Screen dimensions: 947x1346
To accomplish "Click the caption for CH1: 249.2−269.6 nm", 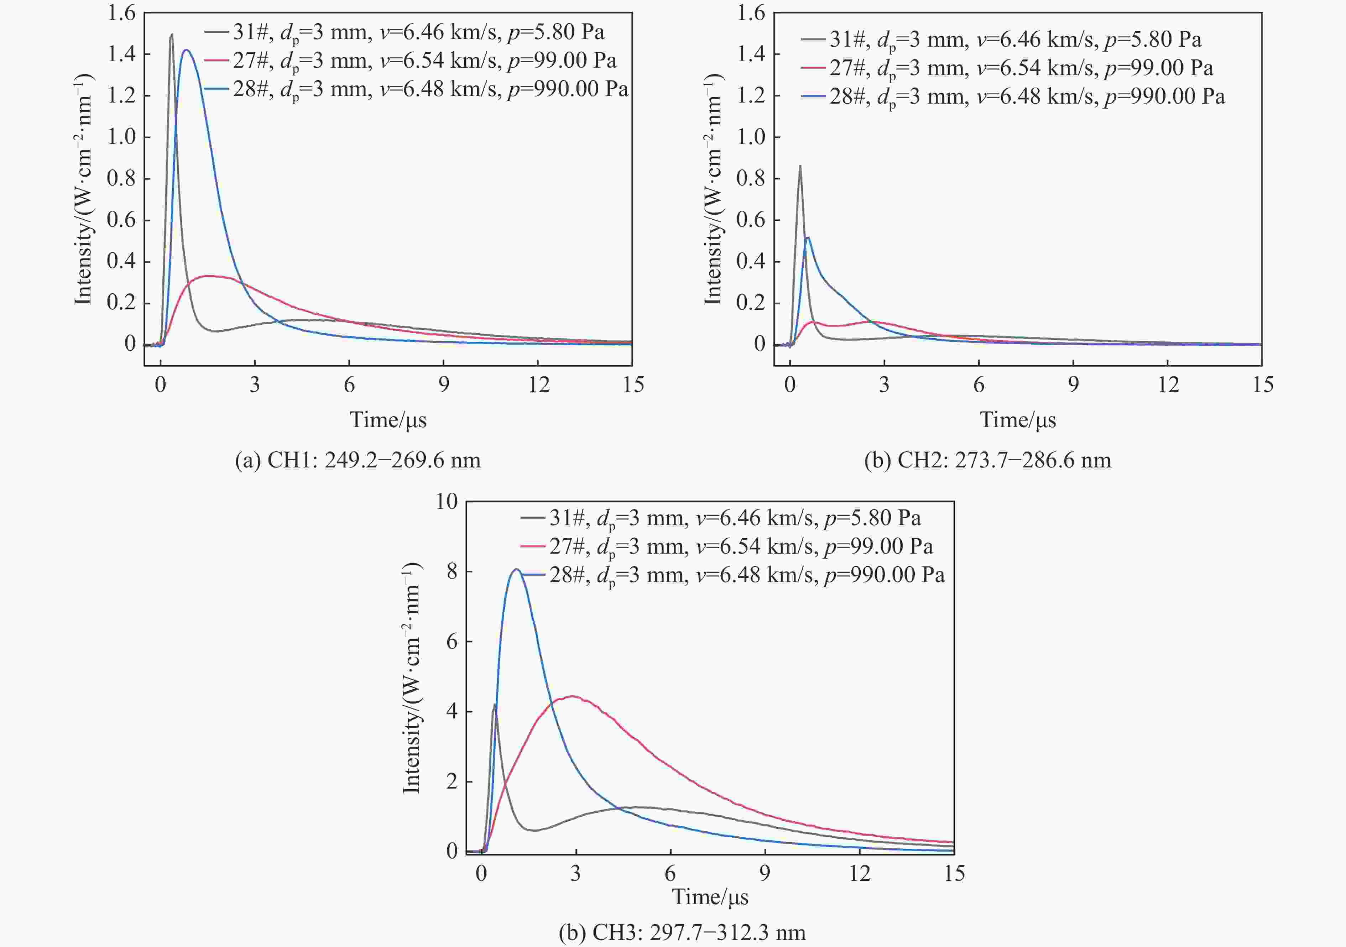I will [358, 461].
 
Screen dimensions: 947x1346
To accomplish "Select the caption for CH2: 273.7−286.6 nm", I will [987, 461].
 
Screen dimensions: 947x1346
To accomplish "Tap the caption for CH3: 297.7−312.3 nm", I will [682, 932].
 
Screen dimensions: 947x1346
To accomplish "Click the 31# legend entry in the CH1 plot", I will [405, 32].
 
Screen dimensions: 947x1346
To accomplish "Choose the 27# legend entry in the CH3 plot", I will [727, 547].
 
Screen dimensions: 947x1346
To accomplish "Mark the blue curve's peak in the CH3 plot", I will [516, 569].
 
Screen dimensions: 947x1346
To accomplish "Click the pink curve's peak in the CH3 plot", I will [573, 697].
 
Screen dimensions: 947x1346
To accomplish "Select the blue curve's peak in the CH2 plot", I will [808, 237].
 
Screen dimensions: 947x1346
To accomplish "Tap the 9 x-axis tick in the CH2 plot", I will [1073, 385].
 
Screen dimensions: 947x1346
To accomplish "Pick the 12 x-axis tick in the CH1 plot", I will [538, 385].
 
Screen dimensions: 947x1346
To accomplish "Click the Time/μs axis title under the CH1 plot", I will [388, 420].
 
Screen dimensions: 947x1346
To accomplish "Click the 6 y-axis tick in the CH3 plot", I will [452, 642].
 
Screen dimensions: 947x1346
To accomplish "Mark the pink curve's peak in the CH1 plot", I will [208, 276].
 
